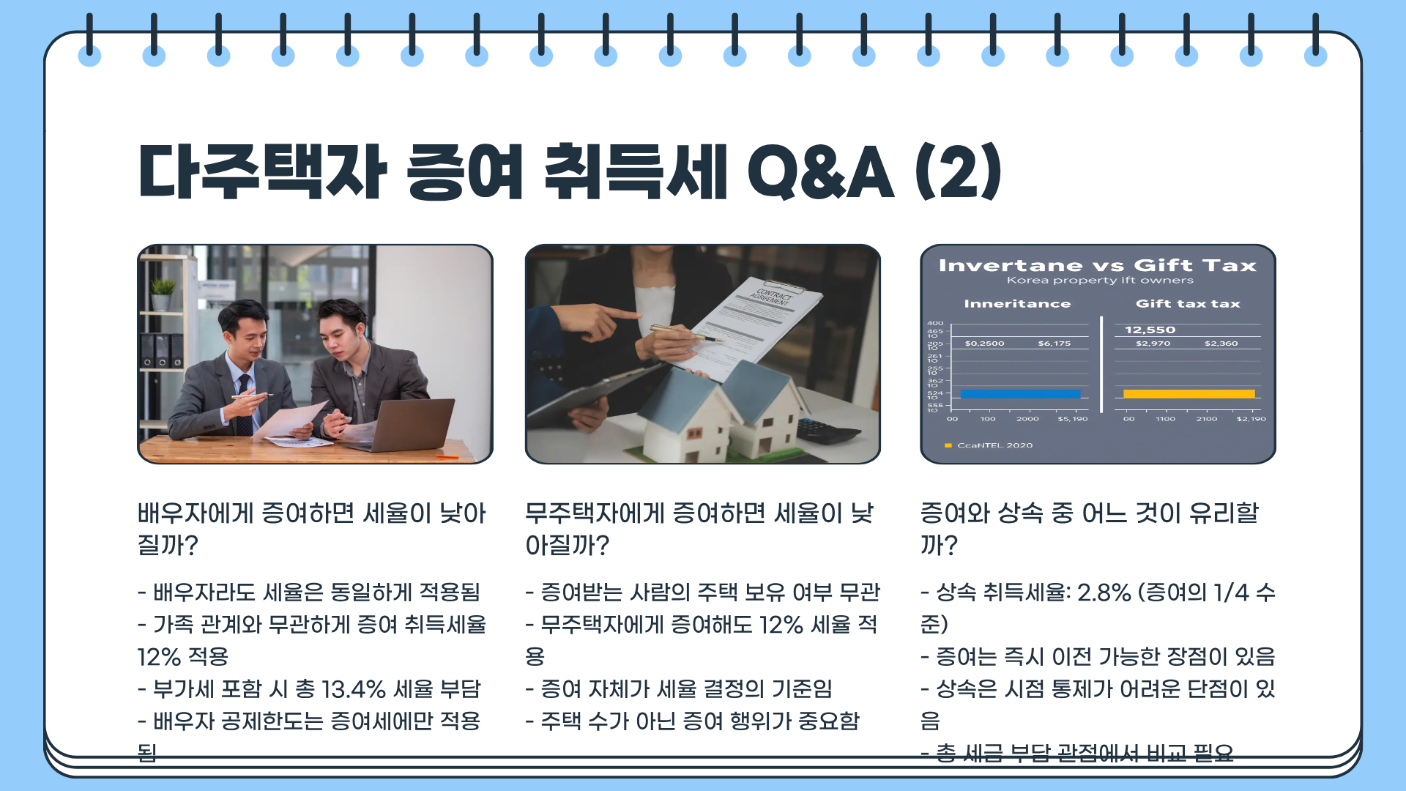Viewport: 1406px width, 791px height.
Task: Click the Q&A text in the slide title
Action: pyautogui.click(x=820, y=172)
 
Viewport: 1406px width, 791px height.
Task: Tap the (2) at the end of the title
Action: pyautogui.click(x=959, y=172)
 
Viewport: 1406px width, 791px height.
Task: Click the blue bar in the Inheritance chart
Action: pyautogui.click(x=1020, y=394)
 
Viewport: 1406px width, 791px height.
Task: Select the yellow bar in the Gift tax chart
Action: pyautogui.click(x=1189, y=394)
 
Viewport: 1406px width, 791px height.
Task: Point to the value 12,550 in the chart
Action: pyautogui.click(x=1150, y=330)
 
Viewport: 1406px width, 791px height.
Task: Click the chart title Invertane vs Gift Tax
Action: pyautogui.click(x=1097, y=266)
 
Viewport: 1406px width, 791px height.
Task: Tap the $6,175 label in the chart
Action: pyautogui.click(x=1054, y=343)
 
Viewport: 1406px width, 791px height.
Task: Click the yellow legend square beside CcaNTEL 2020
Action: pyautogui.click(x=948, y=445)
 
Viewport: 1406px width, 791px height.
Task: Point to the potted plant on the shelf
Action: pyautogui.click(x=163, y=293)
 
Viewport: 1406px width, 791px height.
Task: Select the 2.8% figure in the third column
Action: pyautogui.click(x=1104, y=593)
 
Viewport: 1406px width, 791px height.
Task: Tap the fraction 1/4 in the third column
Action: pyautogui.click(x=1230, y=593)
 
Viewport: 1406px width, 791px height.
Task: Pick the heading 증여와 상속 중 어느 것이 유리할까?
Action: pyautogui.click(x=1089, y=529)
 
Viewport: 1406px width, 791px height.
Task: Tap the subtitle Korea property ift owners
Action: pyautogui.click(x=1099, y=281)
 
